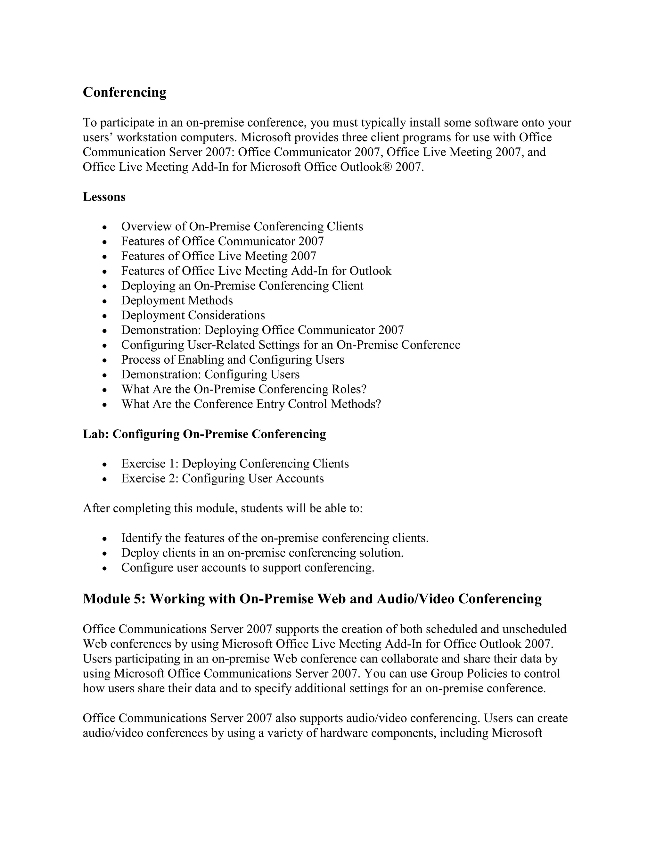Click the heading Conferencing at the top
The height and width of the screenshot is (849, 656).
(124, 93)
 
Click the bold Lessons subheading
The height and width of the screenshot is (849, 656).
(104, 197)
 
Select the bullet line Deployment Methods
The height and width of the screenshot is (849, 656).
(177, 301)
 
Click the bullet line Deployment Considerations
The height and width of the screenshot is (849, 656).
(193, 315)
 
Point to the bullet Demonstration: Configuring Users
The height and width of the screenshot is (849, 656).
(210, 374)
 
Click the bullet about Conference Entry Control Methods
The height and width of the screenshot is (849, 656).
(251, 404)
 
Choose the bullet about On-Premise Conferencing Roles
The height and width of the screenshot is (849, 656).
(244, 389)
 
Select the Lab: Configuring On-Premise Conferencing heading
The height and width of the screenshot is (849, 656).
(204, 434)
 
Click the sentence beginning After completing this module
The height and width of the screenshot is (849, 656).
(222, 508)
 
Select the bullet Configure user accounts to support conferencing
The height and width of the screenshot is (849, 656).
(248, 568)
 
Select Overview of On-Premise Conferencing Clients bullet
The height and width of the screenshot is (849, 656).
(242, 226)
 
